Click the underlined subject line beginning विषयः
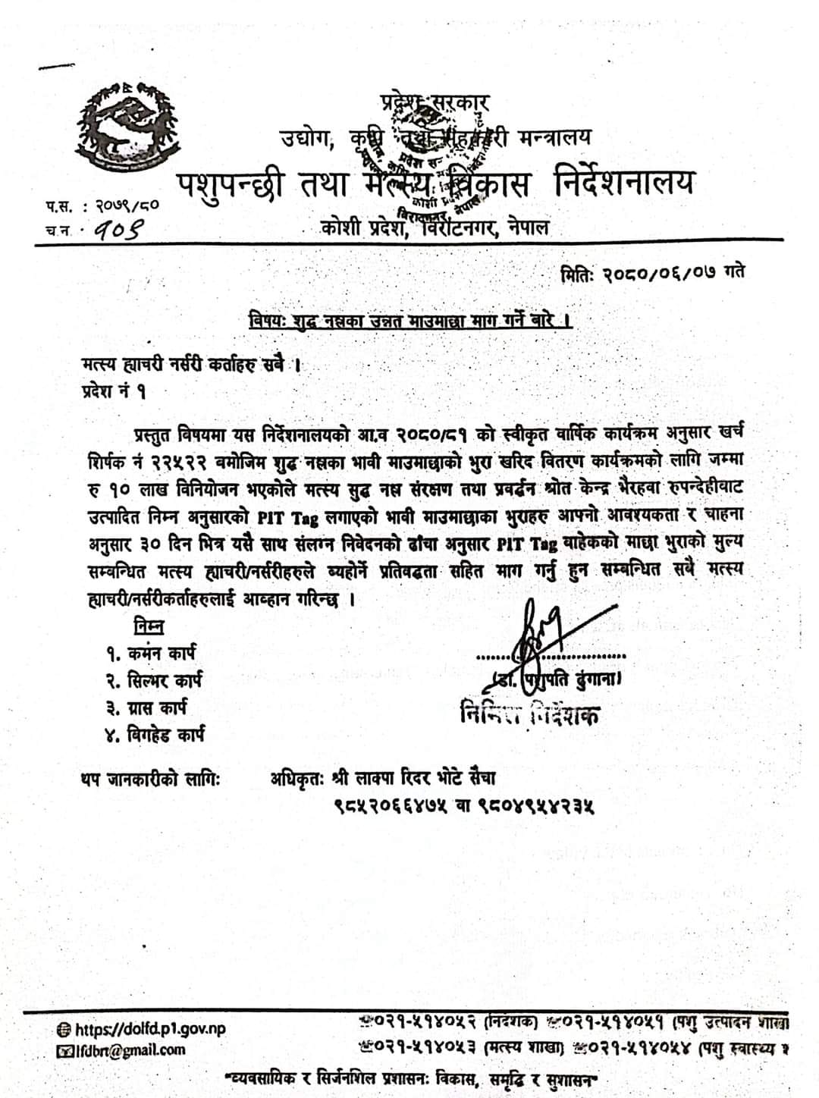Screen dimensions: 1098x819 pos(410,321)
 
